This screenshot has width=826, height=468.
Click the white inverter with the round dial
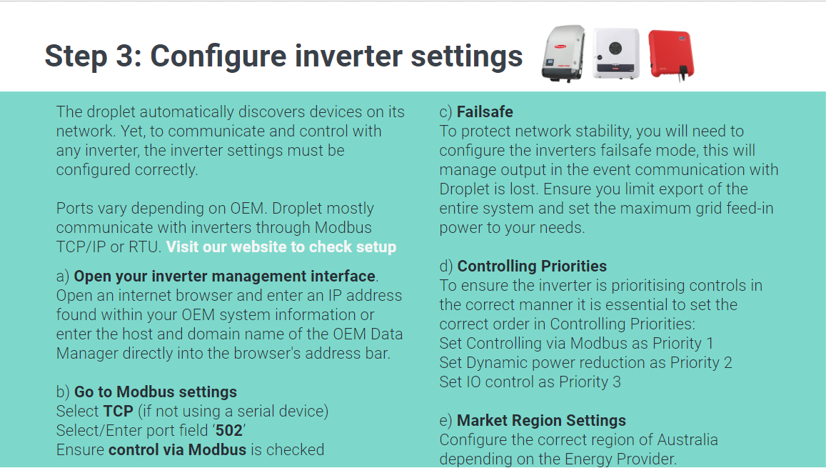tap(615, 53)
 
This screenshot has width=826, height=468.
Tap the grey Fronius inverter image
tap(563, 53)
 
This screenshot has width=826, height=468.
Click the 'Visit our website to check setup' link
tap(281, 247)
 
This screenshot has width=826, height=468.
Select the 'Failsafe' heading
tap(485, 111)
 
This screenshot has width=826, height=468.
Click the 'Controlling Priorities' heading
tap(532, 267)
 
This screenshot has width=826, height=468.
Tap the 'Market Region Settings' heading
tap(541, 420)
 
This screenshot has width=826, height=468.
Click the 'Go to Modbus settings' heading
tap(156, 392)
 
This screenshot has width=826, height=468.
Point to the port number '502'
tap(229, 431)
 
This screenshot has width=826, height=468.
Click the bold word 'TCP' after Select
tap(119, 412)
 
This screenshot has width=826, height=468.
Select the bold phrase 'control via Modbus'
tap(177, 450)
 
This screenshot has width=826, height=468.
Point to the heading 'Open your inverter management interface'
tap(225, 277)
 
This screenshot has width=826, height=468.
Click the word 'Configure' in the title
tap(217, 56)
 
